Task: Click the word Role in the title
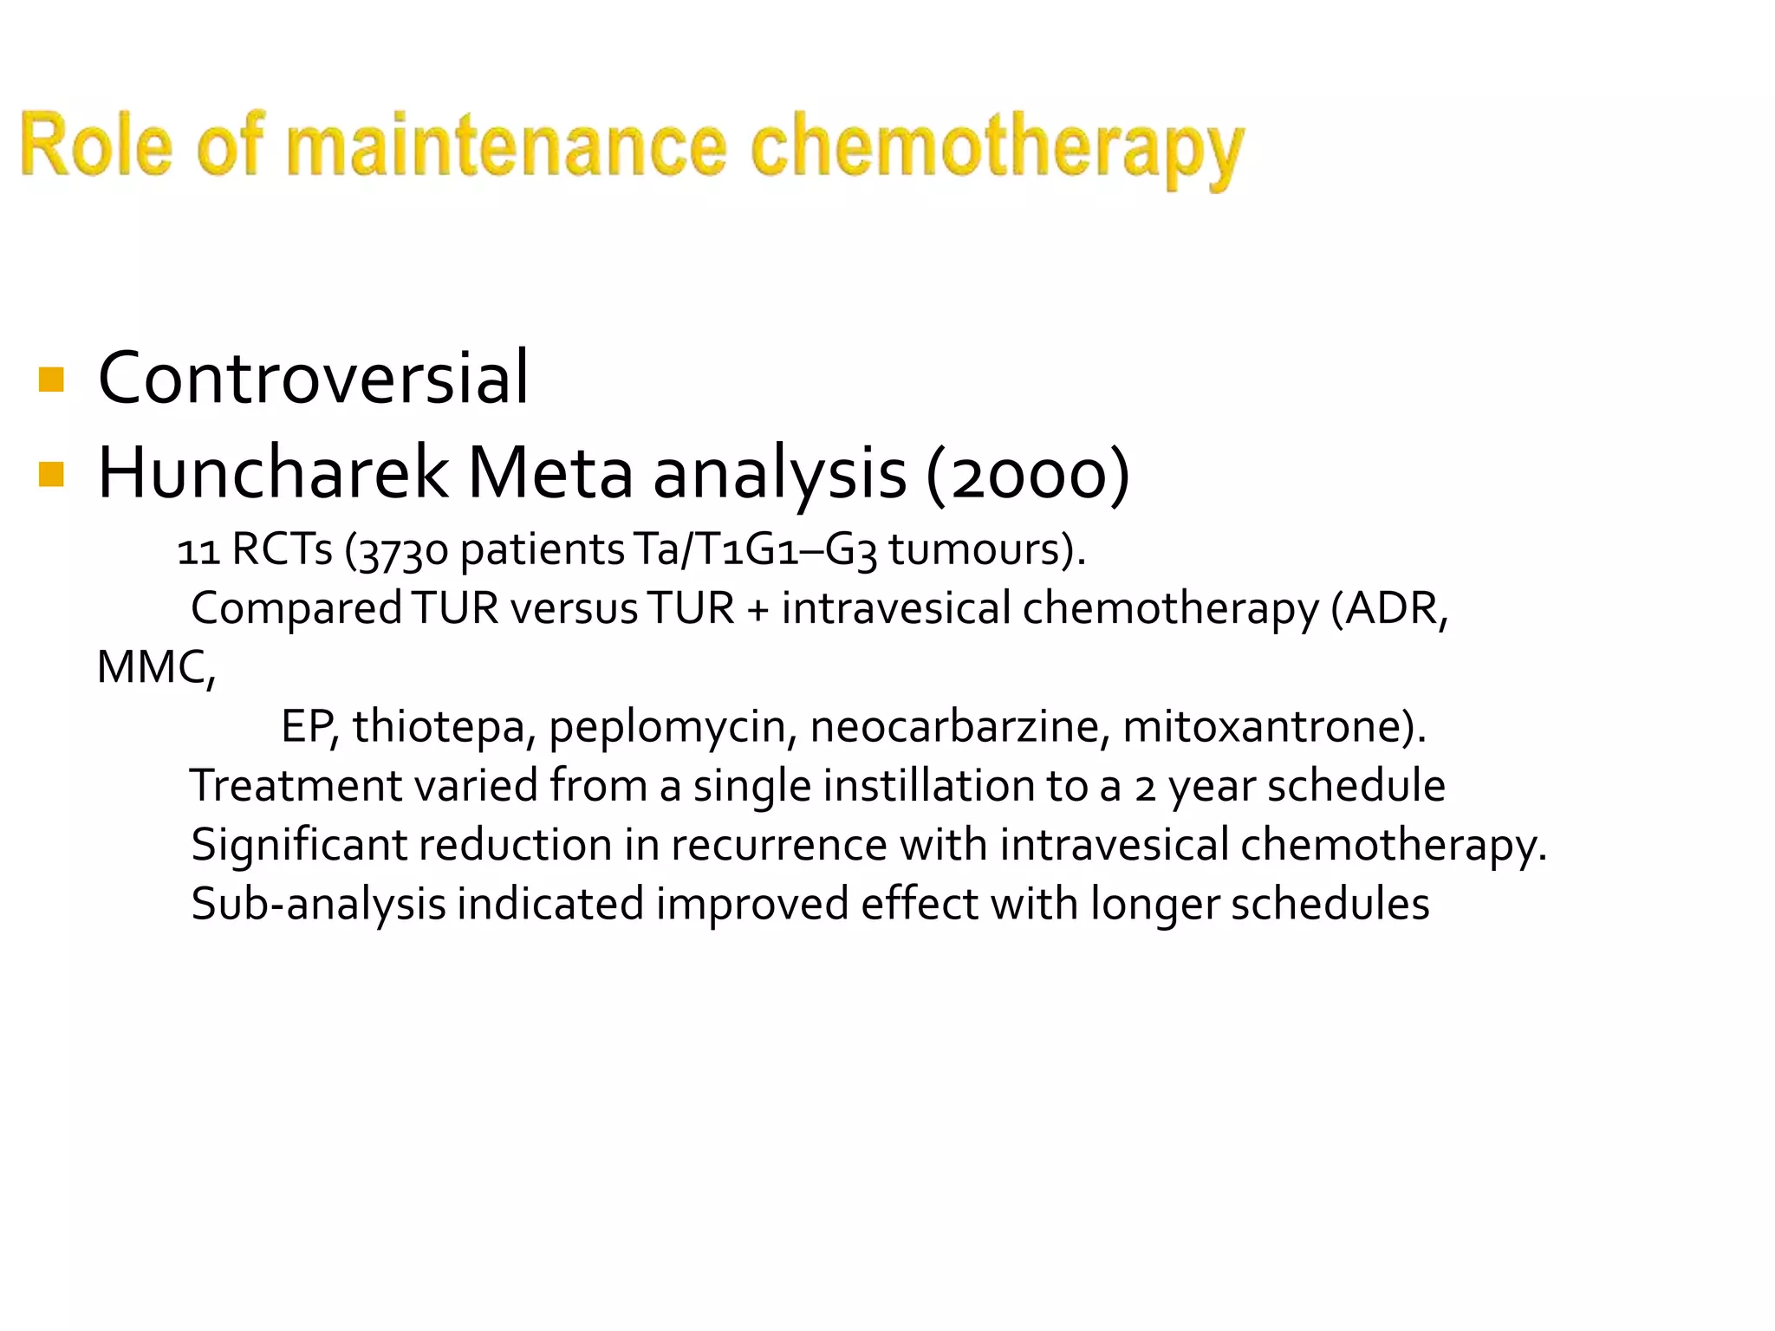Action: click(x=96, y=145)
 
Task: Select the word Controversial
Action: click(x=313, y=378)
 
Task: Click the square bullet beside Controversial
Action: click(x=52, y=380)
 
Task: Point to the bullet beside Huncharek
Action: click(x=52, y=474)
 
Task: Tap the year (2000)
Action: click(x=1028, y=475)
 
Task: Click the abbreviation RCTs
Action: click(x=282, y=549)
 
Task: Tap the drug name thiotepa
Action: click(x=439, y=726)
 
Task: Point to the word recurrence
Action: click(x=778, y=845)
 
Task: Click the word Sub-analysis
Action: click(x=318, y=905)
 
